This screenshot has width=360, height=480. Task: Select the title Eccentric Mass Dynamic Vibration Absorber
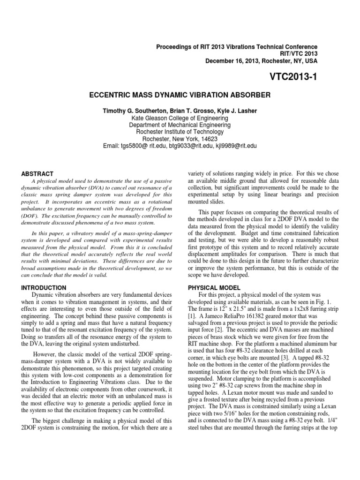180,95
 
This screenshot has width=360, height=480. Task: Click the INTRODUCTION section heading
43,287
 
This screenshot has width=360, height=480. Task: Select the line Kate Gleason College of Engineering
180,119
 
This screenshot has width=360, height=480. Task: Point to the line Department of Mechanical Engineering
180,126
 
